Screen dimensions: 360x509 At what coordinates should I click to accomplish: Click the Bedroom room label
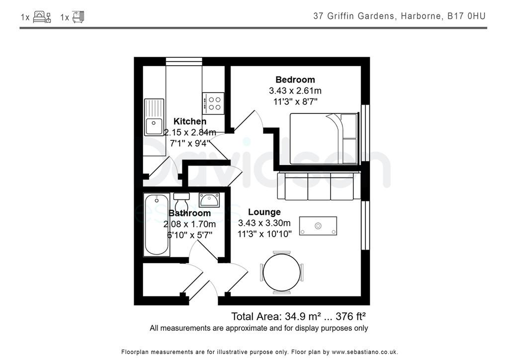pyautogui.click(x=295, y=80)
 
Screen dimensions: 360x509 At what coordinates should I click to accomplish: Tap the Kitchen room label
pyautogui.click(x=189, y=121)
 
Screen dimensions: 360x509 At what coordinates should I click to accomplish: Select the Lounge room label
pyautogui.click(x=264, y=212)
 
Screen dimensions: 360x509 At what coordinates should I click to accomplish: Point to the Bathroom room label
pyautogui.click(x=189, y=213)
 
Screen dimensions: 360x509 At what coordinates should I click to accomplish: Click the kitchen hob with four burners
pyautogui.click(x=213, y=103)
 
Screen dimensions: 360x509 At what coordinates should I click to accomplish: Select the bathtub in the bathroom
pyautogui.click(x=157, y=225)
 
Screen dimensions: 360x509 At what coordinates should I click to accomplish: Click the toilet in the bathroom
pyautogui.click(x=181, y=201)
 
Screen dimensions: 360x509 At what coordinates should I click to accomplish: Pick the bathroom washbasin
pyautogui.click(x=209, y=200)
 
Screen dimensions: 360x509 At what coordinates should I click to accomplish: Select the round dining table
pyautogui.click(x=281, y=271)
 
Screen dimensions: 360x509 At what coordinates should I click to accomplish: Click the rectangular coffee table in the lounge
pyautogui.click(x=318, y=226)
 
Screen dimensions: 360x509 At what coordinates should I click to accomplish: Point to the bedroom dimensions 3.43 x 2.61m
pyautogui.click(x=295, y=90)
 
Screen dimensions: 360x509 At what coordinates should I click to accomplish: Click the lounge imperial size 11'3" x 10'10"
pyautogui.click(x=264, y=234)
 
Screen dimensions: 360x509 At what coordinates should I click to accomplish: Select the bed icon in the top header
pyautogui.click(x=42, y=17)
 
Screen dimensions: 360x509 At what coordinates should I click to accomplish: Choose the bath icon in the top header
pyautogui.click(x=79, y=17)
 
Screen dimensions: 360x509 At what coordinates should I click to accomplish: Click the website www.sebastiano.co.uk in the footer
pyautogui.click(x=364, y=352)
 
